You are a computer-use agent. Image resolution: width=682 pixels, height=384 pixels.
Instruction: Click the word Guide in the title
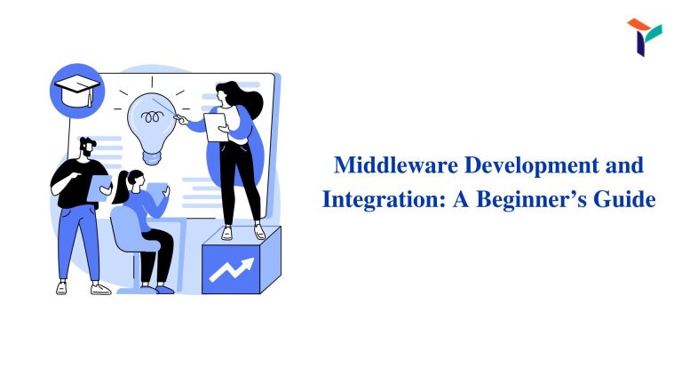(624, 199)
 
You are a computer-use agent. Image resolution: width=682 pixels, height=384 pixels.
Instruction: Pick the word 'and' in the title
(622, 166)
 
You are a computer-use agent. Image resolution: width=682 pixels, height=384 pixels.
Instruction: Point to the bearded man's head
(87, 148)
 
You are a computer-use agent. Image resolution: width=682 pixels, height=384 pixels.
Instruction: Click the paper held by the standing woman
(216, 126)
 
